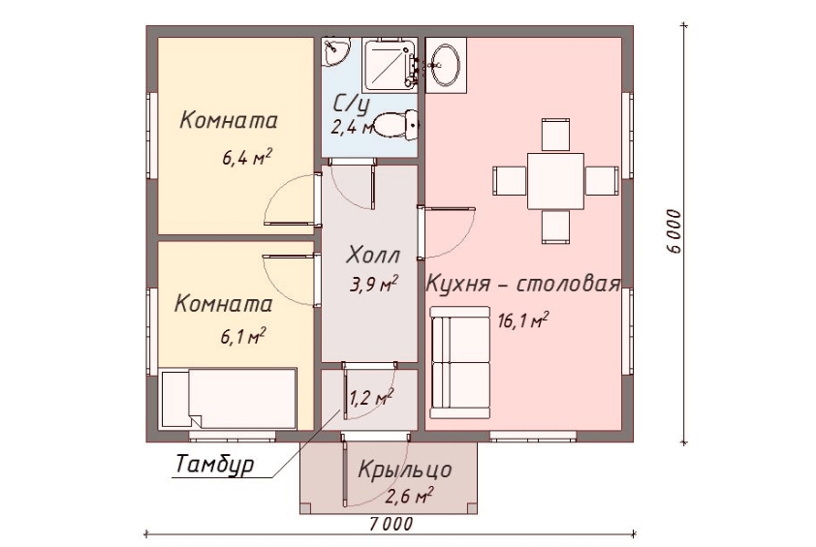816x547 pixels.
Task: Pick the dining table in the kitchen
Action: (555, 180)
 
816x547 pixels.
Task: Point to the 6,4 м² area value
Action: (246, 158)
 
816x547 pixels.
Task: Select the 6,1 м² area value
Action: (243, 336)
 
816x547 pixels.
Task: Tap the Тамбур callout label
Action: (214, 464)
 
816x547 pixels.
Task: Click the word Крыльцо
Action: (403, 472)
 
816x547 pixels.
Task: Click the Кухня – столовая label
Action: (522, 286)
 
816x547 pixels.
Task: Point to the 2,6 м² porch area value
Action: (408, 498)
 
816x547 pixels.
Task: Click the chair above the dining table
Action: (555, 135)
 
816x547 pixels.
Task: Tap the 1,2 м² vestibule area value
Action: (371, 396)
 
